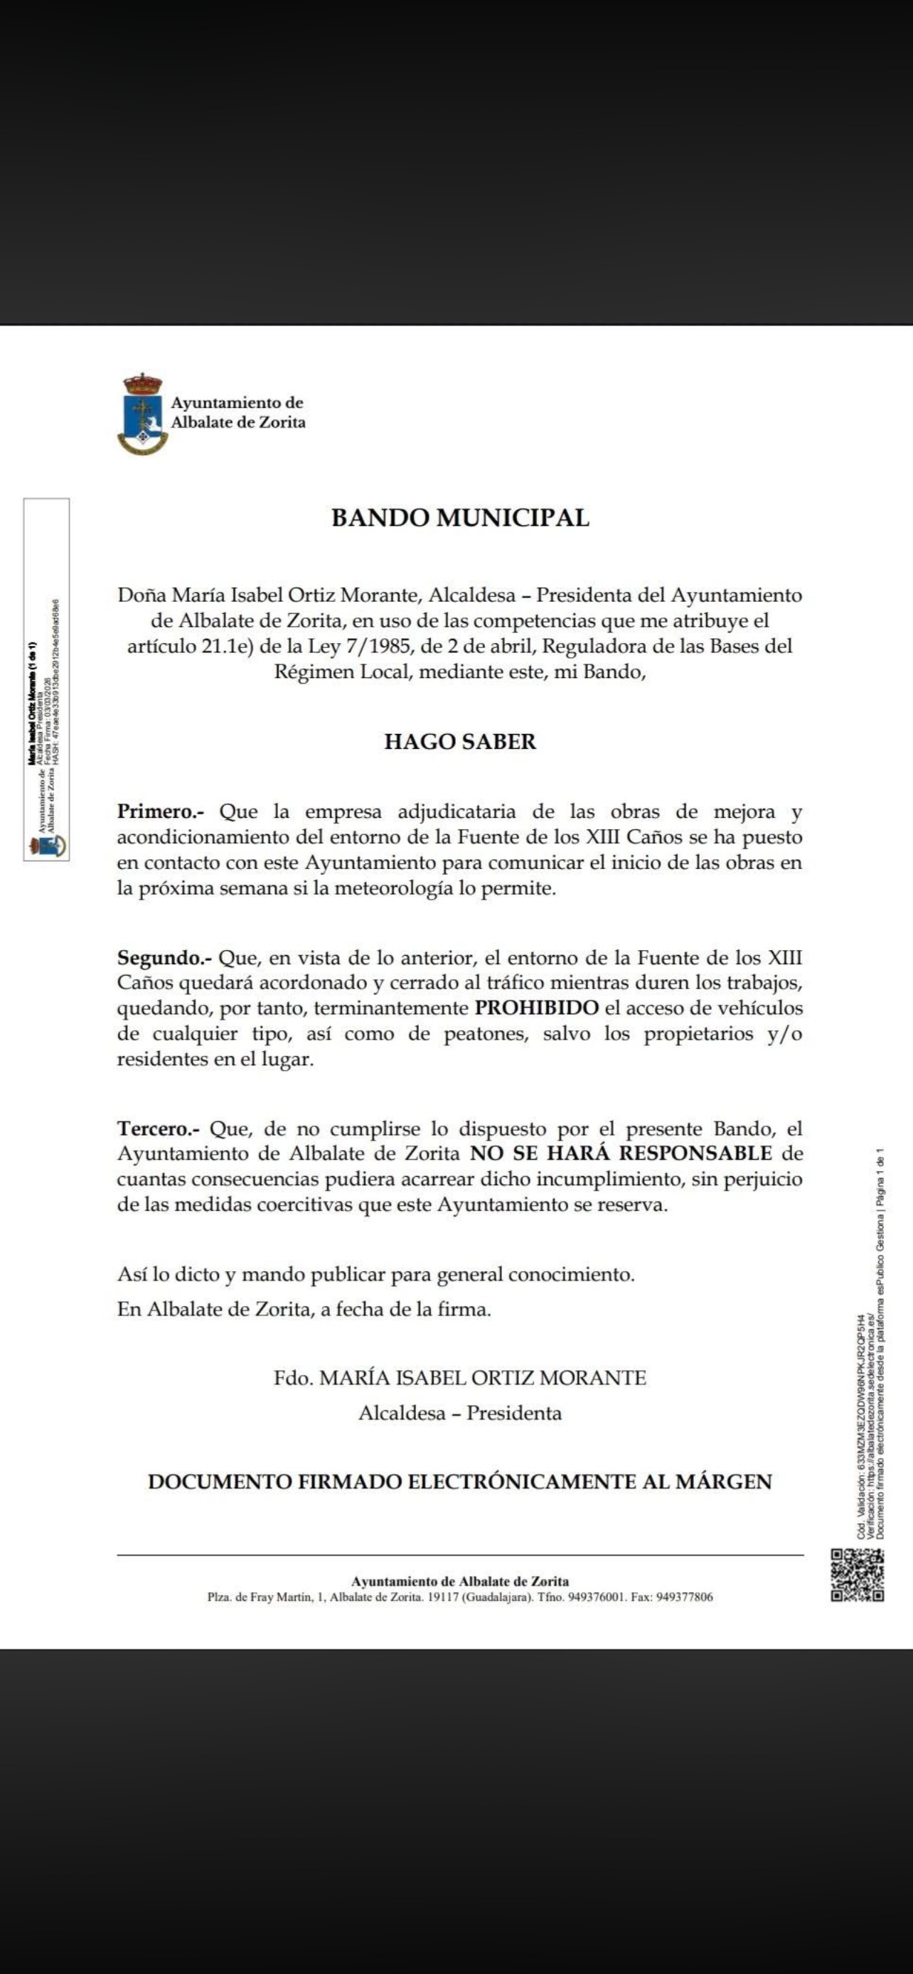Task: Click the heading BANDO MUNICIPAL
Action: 460,518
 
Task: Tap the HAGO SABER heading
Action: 460,742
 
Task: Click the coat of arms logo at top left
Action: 143,414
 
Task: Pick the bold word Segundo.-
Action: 164,958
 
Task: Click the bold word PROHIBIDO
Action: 537,1008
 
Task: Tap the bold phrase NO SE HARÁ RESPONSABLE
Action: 621,1153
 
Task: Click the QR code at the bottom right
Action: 858,1575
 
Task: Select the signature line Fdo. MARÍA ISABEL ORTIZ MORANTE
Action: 460,1378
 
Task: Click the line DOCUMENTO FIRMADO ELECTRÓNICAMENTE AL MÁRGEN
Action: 460,1482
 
